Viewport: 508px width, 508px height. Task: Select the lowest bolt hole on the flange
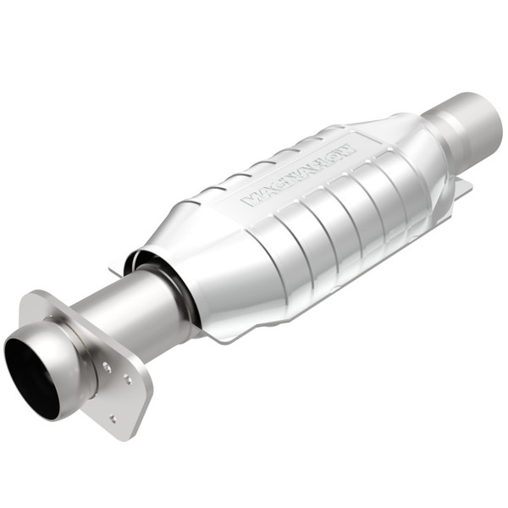[x=113, y=417]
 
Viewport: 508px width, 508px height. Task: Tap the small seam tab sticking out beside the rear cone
[x=461, y=190]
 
